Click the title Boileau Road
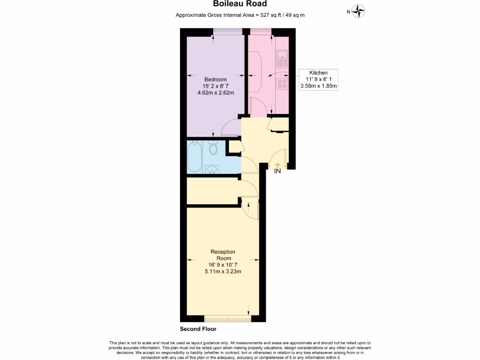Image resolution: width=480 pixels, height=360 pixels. [240, 4]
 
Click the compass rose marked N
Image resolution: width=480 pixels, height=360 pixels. [359, 11]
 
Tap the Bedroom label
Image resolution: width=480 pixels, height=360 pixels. [216, 79]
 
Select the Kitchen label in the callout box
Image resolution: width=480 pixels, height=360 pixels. [318, 73]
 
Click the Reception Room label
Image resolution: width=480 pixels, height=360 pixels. [223, 255]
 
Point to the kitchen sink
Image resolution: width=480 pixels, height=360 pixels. [283, 59]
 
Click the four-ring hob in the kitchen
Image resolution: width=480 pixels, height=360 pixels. [283, 83]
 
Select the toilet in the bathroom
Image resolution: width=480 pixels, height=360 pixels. [214, 148]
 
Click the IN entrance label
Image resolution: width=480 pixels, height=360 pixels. [277, 172]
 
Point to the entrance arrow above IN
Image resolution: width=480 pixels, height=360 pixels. [277, 165]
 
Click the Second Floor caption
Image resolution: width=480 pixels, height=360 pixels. [198, 329]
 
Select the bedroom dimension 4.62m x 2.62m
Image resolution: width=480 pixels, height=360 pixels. [216, 93]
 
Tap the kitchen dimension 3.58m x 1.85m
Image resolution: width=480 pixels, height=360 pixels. [319, 86]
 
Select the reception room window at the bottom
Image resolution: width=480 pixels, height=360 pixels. [227, 320]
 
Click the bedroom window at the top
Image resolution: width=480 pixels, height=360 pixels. [227, 31]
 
